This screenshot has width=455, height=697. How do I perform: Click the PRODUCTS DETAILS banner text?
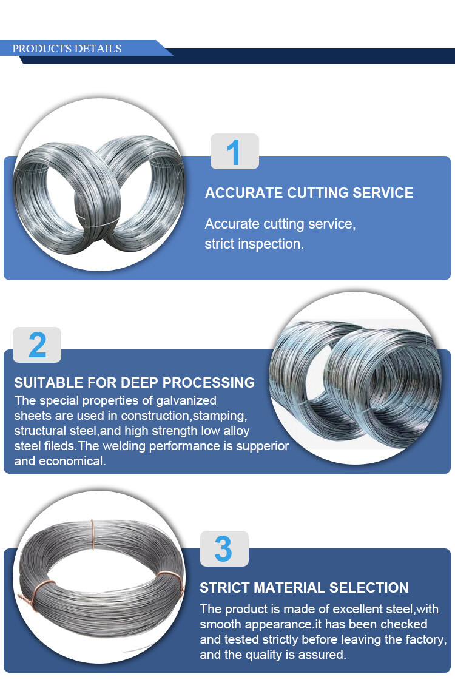[x=67, y=49]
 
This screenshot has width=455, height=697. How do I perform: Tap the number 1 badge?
[x=234, y=151]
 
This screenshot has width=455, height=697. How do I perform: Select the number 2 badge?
[x=37, y=345]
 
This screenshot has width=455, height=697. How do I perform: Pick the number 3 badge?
[x=224, y=548]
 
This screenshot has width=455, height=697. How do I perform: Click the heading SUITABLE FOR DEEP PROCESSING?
[x=134, y=382]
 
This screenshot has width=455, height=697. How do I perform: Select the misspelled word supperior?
[x=263, y=446]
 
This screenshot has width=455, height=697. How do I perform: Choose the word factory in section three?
[x=426, y=639]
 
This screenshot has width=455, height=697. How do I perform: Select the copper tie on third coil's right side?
[x=170, y=580]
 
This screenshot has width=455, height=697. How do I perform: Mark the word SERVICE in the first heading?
[x=382, y=192]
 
